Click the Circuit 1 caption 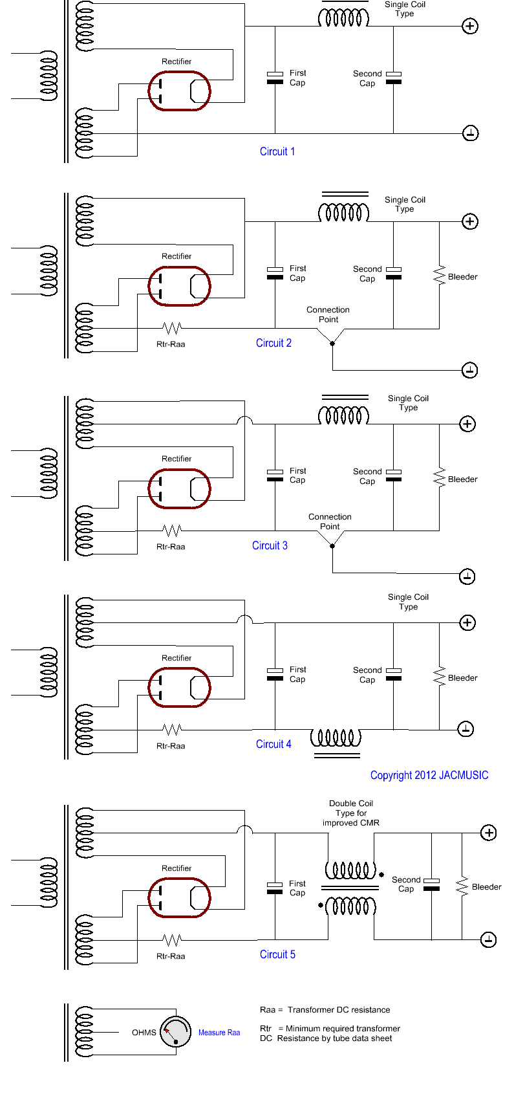tap(277, 151)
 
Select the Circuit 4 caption tap(273, 744)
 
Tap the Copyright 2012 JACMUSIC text tap(429, 775)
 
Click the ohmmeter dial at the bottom tap(175, 1032)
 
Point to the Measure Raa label tap(219, 1033)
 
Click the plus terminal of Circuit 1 tap(470, 27)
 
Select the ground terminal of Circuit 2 tap(470, 370)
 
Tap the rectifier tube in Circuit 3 tap(179, 488)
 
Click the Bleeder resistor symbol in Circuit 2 tap(440, 276)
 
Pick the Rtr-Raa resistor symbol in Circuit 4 tap(171, 730)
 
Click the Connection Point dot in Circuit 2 tap(332, 343)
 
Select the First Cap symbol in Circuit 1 tap(275, 78)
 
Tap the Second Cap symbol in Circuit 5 tap(431, 884)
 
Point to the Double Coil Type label tap(351, 813)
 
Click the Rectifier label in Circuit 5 tap(177, 868)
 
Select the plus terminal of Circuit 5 tap(489, 833)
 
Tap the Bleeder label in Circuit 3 tap(463, 479)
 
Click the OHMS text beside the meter tap(144, 1033)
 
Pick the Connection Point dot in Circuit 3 tap(332, 545)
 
